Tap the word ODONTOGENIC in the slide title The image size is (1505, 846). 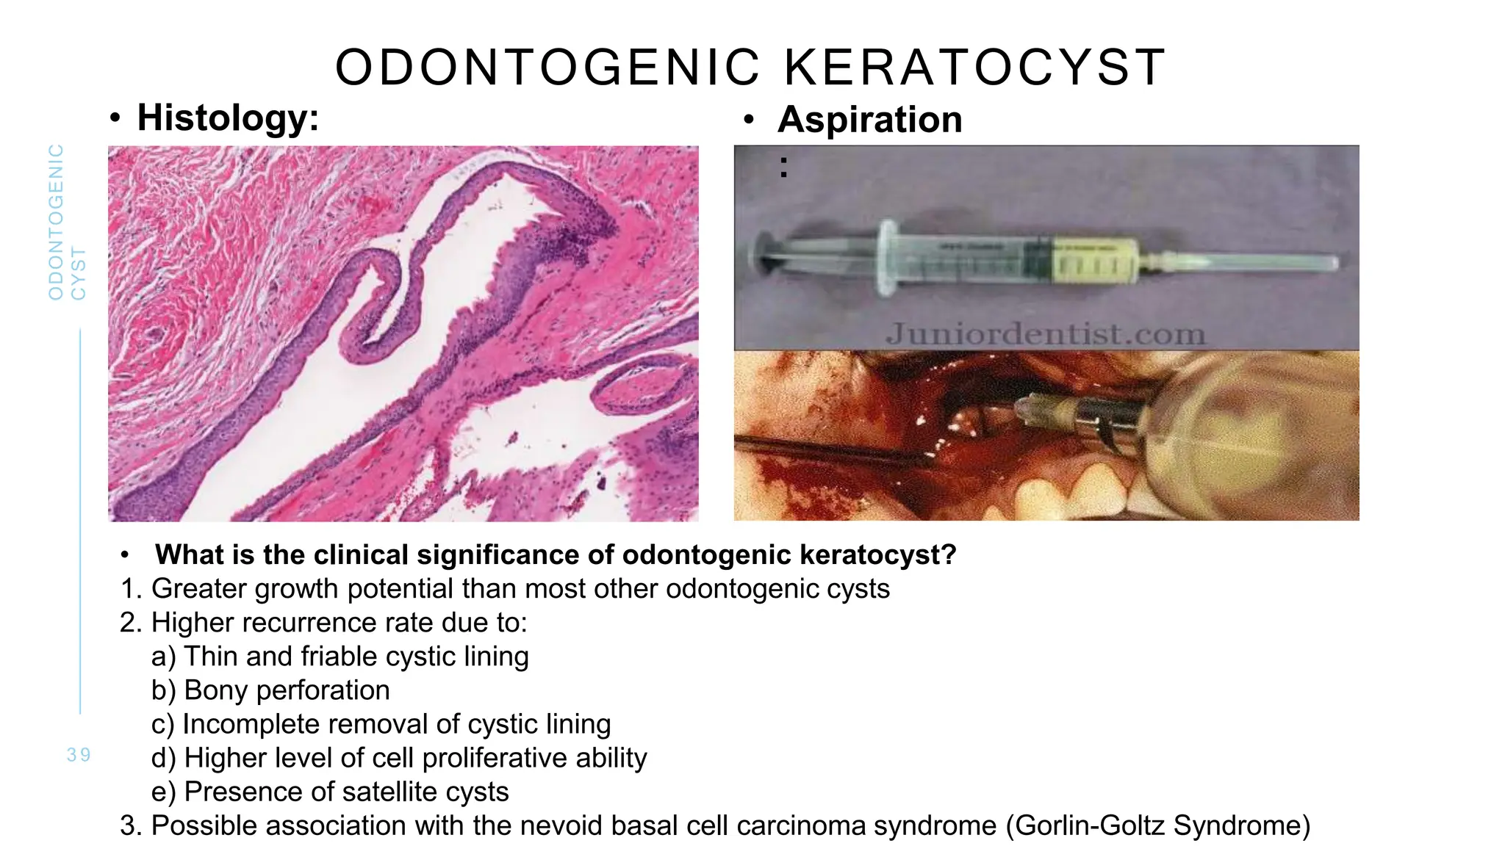tap(547, 68)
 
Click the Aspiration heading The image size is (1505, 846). tap(869, 120)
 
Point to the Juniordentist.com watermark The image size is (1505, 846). tap(1045, 334)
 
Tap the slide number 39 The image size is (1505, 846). tap(79, 755)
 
